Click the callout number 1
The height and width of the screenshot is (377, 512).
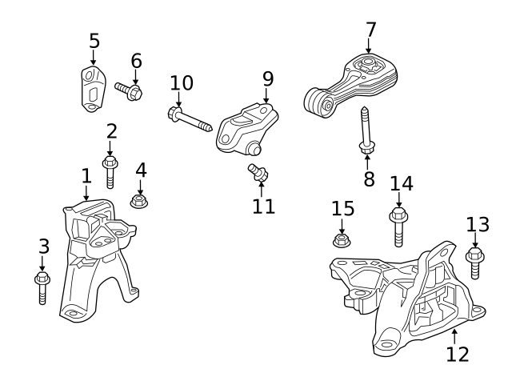(86, 175)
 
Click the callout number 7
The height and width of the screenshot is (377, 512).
(370, 30)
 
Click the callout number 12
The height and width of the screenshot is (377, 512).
(458, 352)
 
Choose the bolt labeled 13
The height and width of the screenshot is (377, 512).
(474, 262)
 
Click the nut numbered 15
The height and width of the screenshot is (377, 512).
(342, 239)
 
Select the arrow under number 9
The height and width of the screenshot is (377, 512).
(266, 96)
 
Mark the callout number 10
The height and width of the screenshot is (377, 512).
(182, 82)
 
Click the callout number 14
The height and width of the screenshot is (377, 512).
(402, 183)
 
